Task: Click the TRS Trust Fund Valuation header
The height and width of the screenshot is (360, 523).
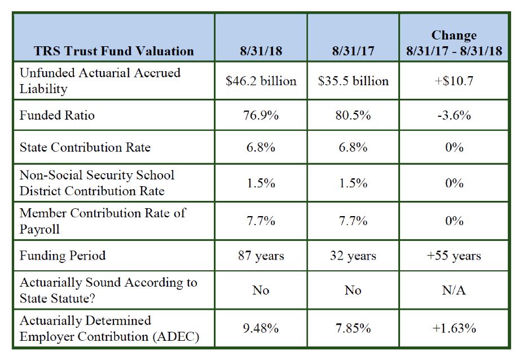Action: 114,51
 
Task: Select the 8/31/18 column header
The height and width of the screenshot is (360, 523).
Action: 261,51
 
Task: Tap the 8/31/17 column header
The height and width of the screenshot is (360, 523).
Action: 353,51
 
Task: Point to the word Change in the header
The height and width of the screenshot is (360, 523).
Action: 454,36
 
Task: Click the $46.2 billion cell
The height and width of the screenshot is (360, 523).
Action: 261,81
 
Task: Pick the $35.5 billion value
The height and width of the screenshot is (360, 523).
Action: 353,81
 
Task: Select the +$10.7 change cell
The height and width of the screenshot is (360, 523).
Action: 454,81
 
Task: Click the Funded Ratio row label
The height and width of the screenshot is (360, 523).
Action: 57,116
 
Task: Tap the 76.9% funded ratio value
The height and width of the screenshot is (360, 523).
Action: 261,116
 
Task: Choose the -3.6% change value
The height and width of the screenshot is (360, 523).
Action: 454,116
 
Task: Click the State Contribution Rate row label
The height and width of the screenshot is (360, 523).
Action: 85,147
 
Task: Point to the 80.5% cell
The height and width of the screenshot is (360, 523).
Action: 353,116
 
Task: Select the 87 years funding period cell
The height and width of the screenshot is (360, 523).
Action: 261,256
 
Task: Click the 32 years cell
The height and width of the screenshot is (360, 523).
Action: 353,256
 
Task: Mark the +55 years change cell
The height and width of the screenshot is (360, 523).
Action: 454,256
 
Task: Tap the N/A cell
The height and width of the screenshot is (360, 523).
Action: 454,290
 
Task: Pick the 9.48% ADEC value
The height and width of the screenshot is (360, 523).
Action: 261,328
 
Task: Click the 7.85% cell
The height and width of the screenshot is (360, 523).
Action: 353,328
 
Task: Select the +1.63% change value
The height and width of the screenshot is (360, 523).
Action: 454,328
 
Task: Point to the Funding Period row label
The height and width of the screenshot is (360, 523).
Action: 63,256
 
